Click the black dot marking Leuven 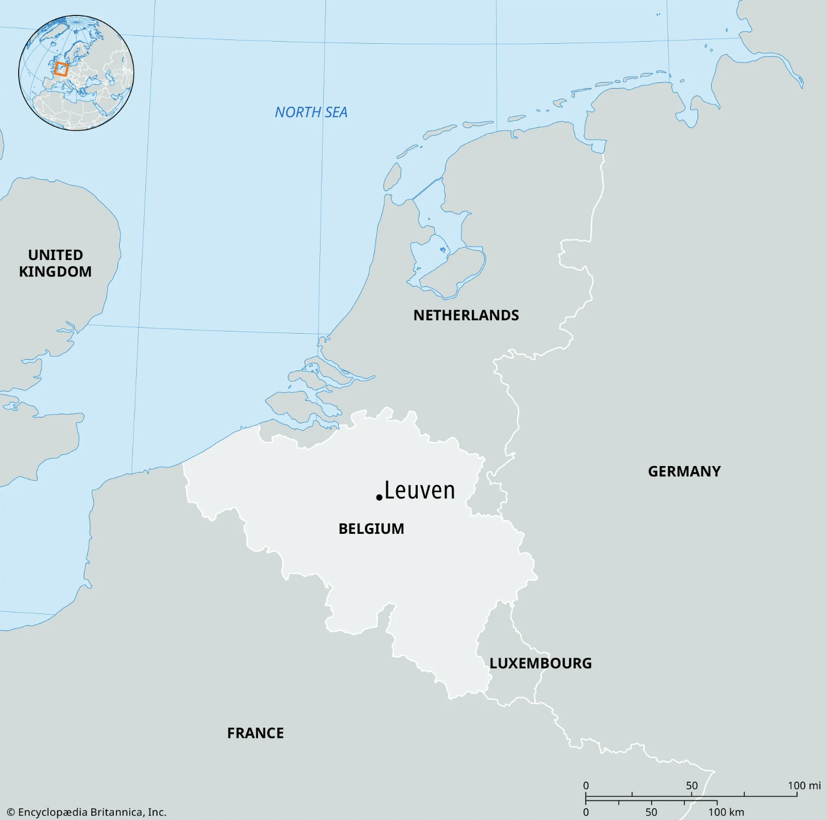click(x=379, y=498)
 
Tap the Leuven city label click(x=419, y=491)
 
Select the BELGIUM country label click(x=371, y=529)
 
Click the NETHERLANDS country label click(x=466, y=316)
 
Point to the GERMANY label click(x=684, y=471)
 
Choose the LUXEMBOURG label click(x=541, y=663)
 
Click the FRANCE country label click(x=255, y=733)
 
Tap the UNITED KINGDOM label click(x=55, y=263)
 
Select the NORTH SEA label click(x=311, y=112)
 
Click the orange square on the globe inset click(x=61, y=69)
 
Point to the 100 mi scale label click(x=804, y=785)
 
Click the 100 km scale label click(x=726, y=812)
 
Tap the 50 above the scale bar click(x=692, y=785)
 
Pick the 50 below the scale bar click(x=651, y=812)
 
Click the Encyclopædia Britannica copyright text click(x=87, y=812)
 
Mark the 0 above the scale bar click(x=586, y=785)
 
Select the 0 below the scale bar click(x=586, y=812)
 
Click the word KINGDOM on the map click(x=55, y=272)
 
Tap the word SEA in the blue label click(x=336, y=112)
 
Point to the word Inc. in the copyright click(x=157, y=812)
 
